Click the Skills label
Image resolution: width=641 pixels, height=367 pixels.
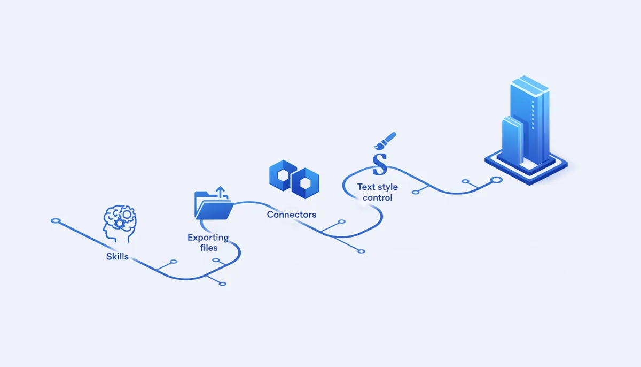[118, 256]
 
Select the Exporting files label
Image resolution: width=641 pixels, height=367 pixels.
[208, 242]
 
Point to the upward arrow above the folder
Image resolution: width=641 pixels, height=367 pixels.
[220, 192]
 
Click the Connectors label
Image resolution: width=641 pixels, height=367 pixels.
[292, 215]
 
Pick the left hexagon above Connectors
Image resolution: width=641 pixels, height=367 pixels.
[283, 175]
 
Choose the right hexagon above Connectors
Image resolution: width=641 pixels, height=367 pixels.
[306, 183]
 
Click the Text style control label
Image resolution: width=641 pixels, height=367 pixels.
[378, 192]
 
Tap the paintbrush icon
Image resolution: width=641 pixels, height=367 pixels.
[385, 141]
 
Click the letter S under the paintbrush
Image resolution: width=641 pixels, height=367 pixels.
[380, 164]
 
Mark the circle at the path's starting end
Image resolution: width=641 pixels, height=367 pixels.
[56, 220]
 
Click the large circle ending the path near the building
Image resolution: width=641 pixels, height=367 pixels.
[496, 180]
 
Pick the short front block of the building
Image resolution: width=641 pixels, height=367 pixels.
[512, 140]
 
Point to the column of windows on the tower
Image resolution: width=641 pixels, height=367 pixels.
[533, 115]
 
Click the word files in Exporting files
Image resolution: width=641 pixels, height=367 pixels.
[209, 248]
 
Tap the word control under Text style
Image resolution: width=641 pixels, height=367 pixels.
[378, 198]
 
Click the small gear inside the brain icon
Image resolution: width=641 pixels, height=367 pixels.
[119, 223]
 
